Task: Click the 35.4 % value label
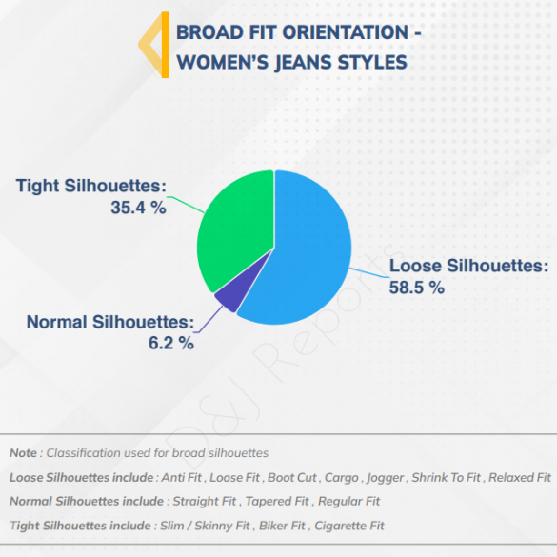pos(138,208)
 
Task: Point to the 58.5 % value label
pos(417,288)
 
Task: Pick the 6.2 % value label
pos(171,343)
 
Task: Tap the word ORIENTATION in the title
pos(345,32)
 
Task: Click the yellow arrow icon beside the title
pos(154,45)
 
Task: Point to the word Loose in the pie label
pos(415,266)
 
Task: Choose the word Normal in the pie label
pos(57,322)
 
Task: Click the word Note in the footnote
pos(23,453)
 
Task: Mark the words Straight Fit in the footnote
pos(205,502)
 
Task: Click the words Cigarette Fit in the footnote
pos(349,526)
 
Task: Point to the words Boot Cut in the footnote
pos(292,478)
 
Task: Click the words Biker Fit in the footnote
pos(282,526)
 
